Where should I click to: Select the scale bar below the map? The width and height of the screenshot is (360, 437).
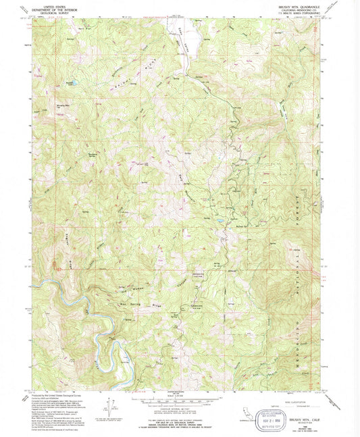tap(180, 399)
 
